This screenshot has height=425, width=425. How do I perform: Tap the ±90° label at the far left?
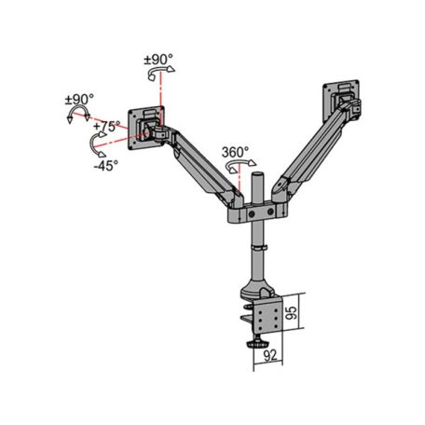coord(78,99)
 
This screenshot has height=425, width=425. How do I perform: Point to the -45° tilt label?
coord(104,167)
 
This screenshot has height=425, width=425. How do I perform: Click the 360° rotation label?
coord(236,152)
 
